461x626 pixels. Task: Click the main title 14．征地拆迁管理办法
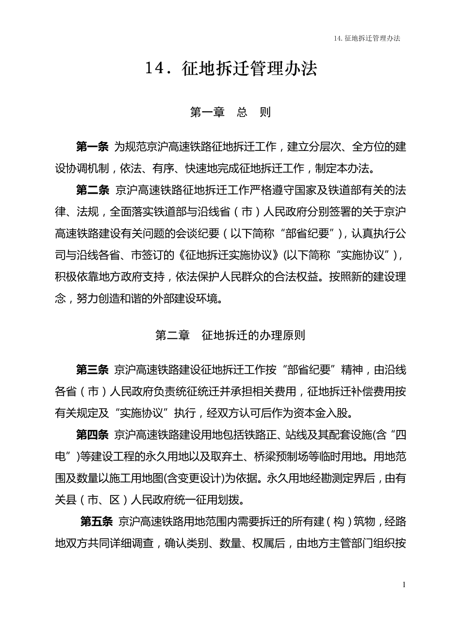(x=230, y=69)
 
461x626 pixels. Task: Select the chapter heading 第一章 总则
(x=230, y=113)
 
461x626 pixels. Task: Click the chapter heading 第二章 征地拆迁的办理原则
(x=230, y=335)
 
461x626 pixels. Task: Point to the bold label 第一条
(x=92, y=146)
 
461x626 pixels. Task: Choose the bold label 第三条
(x=92, y=370)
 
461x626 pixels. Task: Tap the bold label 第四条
(x=92, y=435)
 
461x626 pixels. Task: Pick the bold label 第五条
(x=96, y=522)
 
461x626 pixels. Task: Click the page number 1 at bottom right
(x=403, y=585)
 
